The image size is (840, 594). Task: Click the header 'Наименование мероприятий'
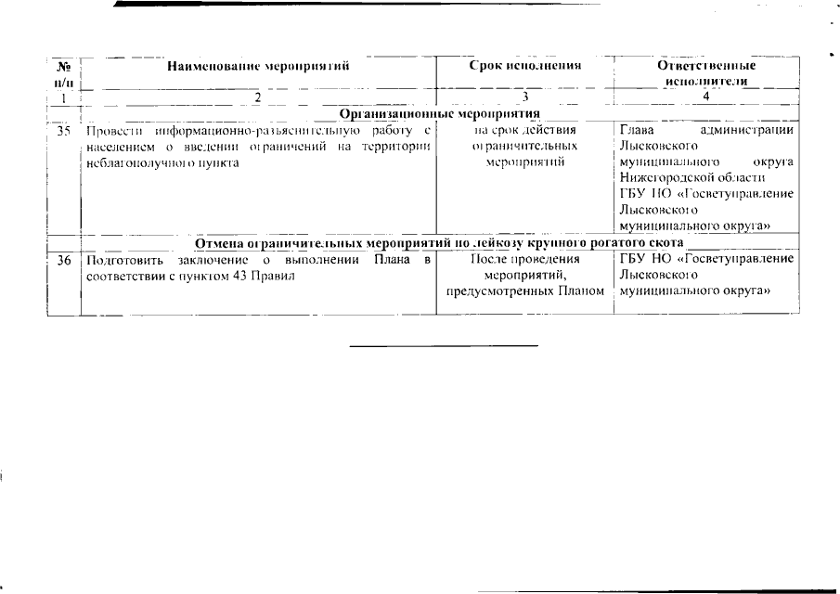point(258,67)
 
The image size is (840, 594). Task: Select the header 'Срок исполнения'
point(524,67)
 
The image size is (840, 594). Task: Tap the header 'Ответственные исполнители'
point(706,73)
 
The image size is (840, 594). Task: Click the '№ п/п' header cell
point(64,73)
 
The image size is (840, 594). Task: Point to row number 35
point(64,131)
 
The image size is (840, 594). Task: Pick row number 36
point(64,261)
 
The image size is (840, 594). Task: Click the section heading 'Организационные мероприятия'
point(440,113)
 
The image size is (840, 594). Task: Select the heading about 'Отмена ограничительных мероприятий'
point(439,243)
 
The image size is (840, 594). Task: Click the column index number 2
point(258,97)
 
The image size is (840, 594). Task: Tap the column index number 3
point(524,97)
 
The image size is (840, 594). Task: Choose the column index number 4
point(706,97)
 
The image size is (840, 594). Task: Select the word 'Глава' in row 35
point(637,131)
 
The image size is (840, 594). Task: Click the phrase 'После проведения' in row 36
point(524,261)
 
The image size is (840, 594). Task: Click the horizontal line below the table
point(444,346)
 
